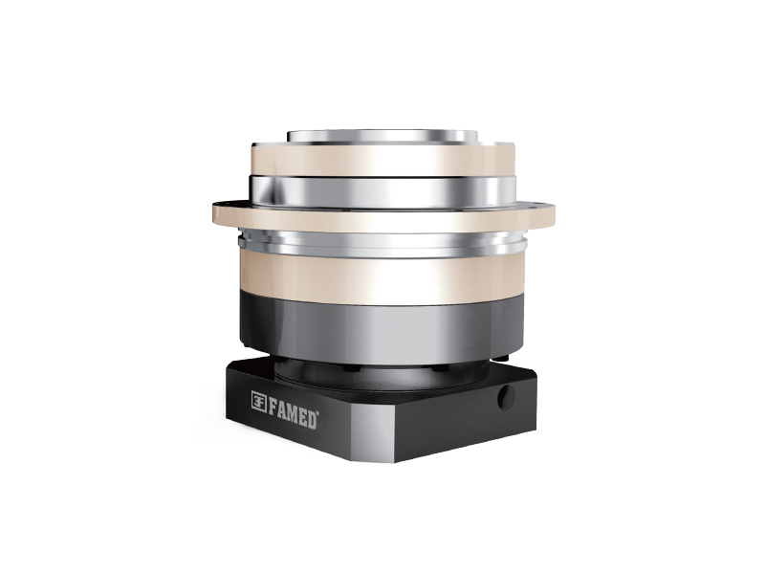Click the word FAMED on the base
coord(293,412)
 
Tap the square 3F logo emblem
coord(258,401)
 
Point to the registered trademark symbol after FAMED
coord(318,415)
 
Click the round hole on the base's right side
coord(506,397)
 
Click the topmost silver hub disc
coord(382,136)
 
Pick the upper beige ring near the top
coord(383,160)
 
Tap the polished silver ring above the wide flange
coord(383,192)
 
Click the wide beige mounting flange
coord(383,217)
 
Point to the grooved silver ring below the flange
coord(383,243)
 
